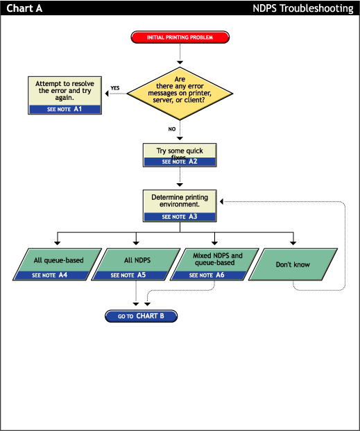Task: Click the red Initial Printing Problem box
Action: point(180,37)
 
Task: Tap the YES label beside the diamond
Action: point(115,88)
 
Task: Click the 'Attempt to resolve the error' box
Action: point(65,91)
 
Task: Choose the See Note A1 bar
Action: point(65,110)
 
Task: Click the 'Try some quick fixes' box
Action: point(180,151)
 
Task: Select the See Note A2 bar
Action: point(180,162)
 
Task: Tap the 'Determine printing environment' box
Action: point(180,201)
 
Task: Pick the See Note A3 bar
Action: point(180,217)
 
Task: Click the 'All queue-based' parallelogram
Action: point(59,261)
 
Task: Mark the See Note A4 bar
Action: point(50,276)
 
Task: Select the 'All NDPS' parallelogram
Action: point(136,261)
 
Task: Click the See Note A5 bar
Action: point(128,276)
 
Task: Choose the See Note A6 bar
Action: point(207,276)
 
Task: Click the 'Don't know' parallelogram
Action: point(293,264)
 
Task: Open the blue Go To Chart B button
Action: point(142,316)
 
